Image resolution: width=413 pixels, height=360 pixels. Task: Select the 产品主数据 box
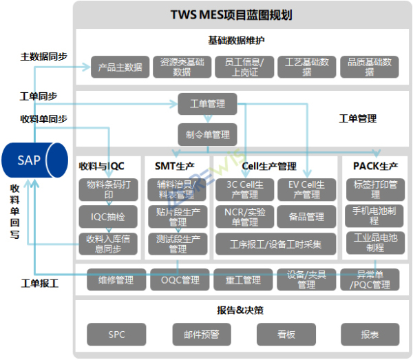point(120,67)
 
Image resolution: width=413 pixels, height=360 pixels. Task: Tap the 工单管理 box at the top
point(207,104)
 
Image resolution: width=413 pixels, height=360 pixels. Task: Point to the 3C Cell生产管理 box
point(242,189)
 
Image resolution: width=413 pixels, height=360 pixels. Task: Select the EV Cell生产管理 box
point(306,189)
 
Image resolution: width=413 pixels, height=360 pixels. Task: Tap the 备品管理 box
point(306,216)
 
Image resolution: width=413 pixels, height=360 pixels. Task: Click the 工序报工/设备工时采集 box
point(274,243)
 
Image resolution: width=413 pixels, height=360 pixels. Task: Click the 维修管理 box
point(116,279)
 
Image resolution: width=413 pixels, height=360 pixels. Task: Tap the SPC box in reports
point(116,335)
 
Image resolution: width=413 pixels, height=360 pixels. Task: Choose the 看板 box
point(286,335)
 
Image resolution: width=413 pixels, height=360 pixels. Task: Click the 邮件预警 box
point(200,335)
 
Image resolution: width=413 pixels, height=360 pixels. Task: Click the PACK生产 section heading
point(374,166)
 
